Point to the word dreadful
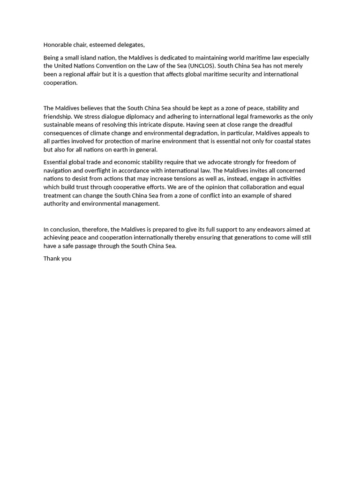tap(280, 125)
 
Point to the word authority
tap(56, 204)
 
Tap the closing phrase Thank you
tap(57, 259)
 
